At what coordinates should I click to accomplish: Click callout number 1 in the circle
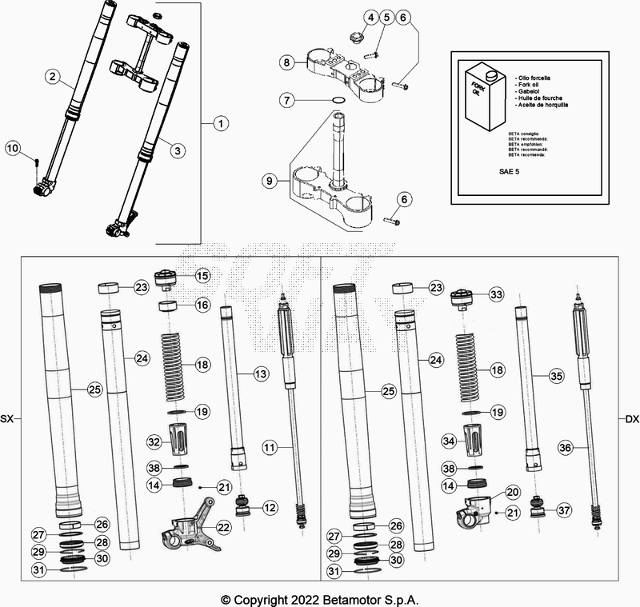pyautogui.click(x=221, y=123)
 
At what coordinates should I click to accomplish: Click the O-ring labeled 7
pyautogui.click(x=338, y=100)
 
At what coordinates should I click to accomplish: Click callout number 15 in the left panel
pyautogui.click(x=202, y=275)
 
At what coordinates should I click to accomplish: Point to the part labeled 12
pyautogui.click(x=242, y=506)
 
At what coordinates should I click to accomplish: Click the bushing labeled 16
pyautogui.click(x=169, y=305)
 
